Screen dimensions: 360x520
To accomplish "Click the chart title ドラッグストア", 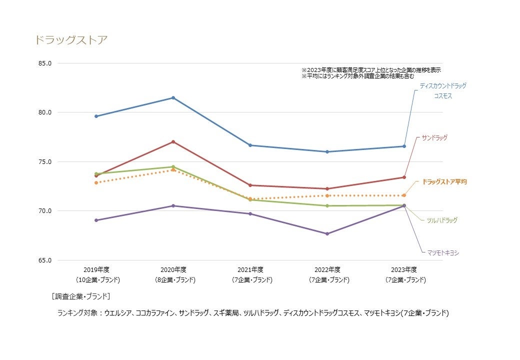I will pyautogui.click(x=71, y=40).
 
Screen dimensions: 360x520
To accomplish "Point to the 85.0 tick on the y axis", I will pyautogui.click(x=45, y=63).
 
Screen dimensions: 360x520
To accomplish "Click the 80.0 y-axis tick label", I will pyautogui.click(x=45, y=112).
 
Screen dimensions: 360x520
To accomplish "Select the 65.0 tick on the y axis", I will pyautogui.click(x=45, y=260).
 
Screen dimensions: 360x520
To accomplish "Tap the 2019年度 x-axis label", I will pyautogui.click(x=96, y=269).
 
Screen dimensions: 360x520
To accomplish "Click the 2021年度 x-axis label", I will pyautogui.click(x=250, y=269).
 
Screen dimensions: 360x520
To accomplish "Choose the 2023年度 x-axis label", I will pyautogui.click(x=404, y=269).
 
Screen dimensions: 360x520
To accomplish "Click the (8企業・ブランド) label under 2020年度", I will pyautogui.click(x=173, y=280).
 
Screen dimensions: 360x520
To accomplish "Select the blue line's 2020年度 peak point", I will pyautogui.click(x=173, y=97).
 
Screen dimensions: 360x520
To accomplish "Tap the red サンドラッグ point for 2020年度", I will pyautogui.click(x=173, y=142).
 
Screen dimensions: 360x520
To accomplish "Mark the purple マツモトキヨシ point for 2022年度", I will pyautogui.click(x=327, y=233).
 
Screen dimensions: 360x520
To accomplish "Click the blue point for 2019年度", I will pyautogui.click(x=96, y=116).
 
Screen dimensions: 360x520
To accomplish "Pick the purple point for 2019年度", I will pyautogui.click(x=96, y=220).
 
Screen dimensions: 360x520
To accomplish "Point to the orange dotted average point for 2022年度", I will pyautogui.click(x=327, y=195).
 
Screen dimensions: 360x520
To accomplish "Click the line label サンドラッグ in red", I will pyautogui.click(x=434, y=137).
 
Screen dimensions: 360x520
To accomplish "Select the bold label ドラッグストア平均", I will pyautogui.click(x=444, y=181).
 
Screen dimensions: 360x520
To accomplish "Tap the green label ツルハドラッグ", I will pyautogui.click(x=441, y=220).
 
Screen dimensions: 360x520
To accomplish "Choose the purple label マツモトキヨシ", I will pyautogui.click(x=442, y=253).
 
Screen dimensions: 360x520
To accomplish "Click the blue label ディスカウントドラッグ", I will pyautogui.click(x=442, y=86).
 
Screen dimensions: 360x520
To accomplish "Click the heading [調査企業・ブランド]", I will pyautogui.click(x=80, y=296).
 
